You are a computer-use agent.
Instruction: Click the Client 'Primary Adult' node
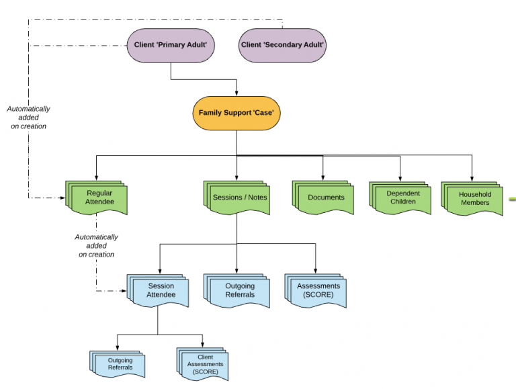click(x=171, y=45)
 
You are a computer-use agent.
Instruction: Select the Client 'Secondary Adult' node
click(x=282, y=45)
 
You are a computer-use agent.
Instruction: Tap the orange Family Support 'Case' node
click(x=236, y=113)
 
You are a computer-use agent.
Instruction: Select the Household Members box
click(x=474, y=198)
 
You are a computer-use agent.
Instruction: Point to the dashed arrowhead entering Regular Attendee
click(x=62, y=198)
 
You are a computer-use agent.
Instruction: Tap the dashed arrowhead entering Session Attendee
click(x=124, y=291)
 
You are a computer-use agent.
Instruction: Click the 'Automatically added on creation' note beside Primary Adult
click(x=28, y=118)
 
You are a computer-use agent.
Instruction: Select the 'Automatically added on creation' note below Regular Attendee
click(x=96, y=246)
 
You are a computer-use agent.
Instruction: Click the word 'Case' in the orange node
click(x=263, y=113)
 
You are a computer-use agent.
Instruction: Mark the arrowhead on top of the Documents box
click(x=323, y=177)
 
